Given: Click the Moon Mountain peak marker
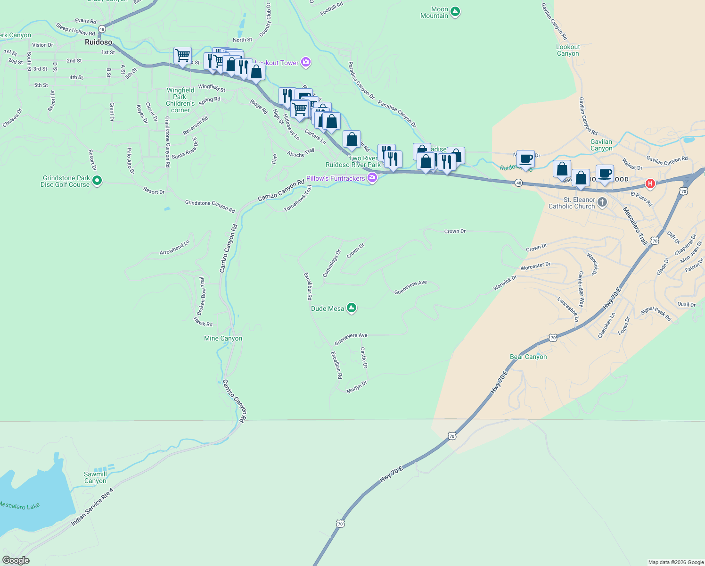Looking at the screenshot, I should [x=455, y=12].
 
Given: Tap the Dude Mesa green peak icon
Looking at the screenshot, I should [x=351, y=308].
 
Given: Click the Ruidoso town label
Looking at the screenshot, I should [x=98, y=42].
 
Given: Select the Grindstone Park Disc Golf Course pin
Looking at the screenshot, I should [x=97, y=181].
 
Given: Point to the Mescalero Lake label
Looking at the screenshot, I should [x=19, y=506].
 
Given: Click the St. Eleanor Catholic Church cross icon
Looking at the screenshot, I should [x=602, y=203].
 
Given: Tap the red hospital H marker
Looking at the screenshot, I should [x=650, y=183].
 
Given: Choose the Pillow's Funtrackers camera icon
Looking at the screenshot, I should [x=372, y=178].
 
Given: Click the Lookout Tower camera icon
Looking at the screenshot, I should [x=306, y=62].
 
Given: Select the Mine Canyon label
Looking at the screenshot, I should [x=223, y=338].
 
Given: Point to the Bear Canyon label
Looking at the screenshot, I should [x=528, y=357].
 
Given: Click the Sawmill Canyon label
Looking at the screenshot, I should [x=95, y=477].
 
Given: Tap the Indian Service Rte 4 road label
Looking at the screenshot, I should [x=92, y=507].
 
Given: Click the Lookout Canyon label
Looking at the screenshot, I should [x=568, y=50].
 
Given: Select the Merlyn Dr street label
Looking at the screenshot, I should [x=356, y=387].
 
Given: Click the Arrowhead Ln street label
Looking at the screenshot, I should [x=174, y=248].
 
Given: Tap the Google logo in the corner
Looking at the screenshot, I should [x=16, y=560].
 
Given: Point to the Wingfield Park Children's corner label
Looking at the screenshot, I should [x=180, y=100].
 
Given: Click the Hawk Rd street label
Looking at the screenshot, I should [x=203, y=322].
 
